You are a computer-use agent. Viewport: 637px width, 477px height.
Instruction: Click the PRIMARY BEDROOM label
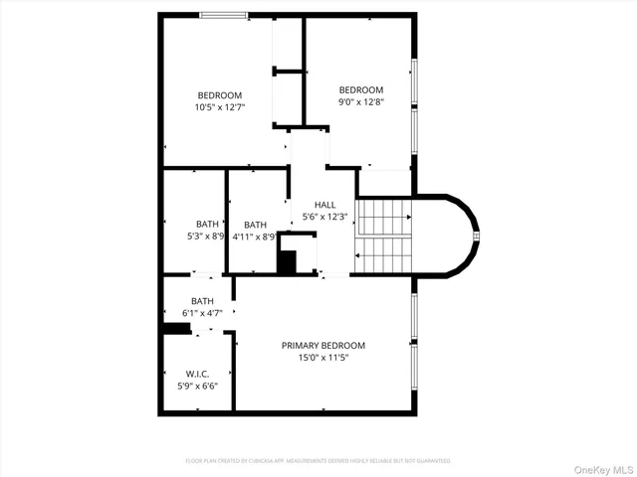coord(323,345)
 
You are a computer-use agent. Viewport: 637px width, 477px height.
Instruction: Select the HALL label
coord(324,205)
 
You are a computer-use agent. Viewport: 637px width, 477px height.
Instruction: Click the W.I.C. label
coord(196,374)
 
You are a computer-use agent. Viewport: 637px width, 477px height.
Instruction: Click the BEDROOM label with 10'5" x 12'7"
coord(220,94)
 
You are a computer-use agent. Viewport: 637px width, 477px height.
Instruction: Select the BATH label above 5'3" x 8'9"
coord(207,224)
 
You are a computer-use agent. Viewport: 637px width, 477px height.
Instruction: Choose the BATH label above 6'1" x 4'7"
coord(202,301)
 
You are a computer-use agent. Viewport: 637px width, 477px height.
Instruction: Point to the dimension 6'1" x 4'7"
coord(202,313)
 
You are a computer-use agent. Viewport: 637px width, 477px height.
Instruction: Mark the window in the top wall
coord(223,15)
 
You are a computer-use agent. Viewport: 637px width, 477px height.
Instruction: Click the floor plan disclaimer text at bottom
coord(318,461)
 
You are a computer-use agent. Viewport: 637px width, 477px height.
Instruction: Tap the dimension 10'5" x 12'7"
coord(220,106)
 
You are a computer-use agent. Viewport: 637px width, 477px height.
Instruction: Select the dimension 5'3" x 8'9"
coord(207,237)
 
